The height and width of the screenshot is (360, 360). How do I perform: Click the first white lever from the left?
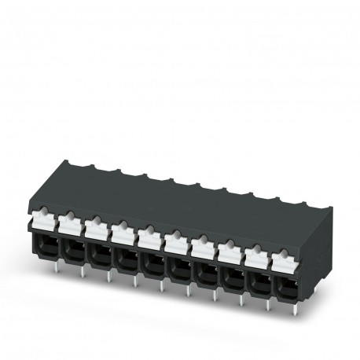(44, 216)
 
